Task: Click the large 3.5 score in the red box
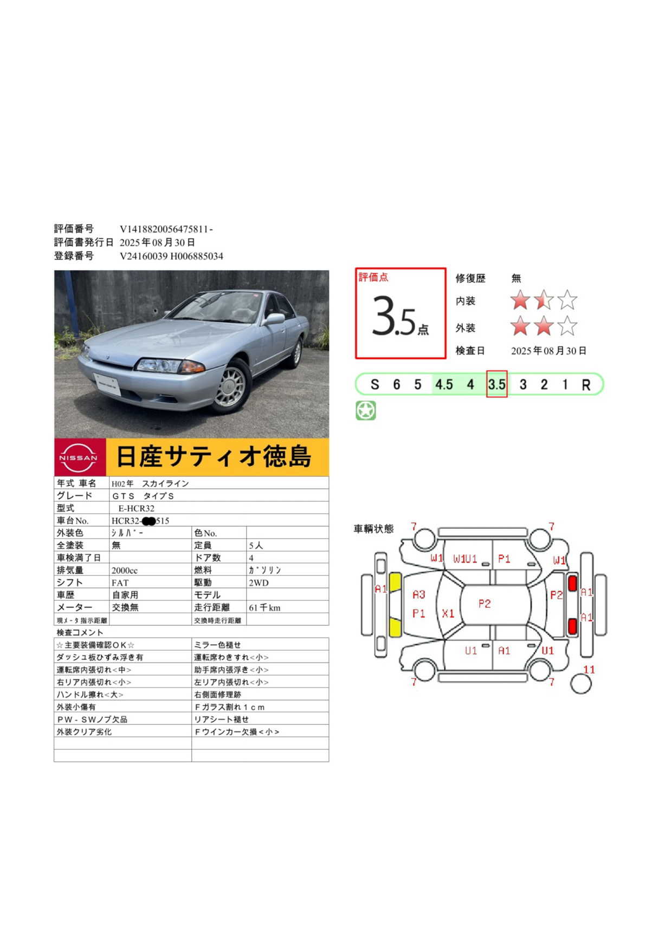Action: pos(394,316)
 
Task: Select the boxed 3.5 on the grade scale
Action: pos(496,384)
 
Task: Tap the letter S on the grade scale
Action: pos(374,385)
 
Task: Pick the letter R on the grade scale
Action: pos(586,385)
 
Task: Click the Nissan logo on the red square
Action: pos(79,457)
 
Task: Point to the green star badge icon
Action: pos(366,410)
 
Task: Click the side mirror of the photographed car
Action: pos(273,319)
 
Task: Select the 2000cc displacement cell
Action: pos(125,571)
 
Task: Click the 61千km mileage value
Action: pos(264,608)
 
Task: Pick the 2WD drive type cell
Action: pos(259,583)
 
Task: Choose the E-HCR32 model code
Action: pos(137,508)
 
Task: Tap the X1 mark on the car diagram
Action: pos(448,613)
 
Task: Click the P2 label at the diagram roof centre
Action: pos(484,604)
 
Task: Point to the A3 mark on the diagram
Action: pos(419,595)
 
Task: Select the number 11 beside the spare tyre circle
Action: pos(589,670)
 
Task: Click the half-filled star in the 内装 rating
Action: pos(544,300)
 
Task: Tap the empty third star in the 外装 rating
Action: pos(567,326)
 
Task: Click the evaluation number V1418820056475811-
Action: pos(166,230)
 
